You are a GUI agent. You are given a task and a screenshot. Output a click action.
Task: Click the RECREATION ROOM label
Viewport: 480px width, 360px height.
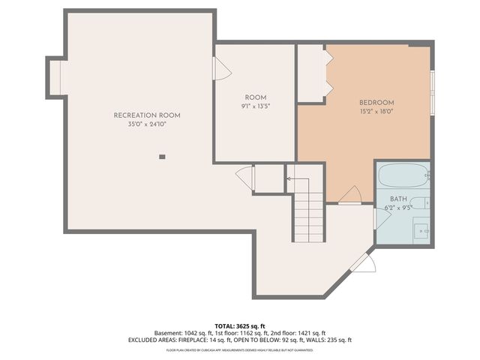pos(147,115)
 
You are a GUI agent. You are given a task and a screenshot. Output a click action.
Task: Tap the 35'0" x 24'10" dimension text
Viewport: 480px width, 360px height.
pos(147,124)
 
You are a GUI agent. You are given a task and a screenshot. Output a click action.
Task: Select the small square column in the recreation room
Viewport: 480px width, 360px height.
pos(161,157)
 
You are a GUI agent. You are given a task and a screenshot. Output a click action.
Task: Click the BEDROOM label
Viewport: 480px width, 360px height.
pos(376,103)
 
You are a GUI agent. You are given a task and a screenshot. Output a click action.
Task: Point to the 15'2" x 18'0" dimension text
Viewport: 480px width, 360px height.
pos(376,112)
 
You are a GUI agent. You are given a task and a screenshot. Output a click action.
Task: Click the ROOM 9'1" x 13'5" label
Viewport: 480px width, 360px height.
pos(255,102)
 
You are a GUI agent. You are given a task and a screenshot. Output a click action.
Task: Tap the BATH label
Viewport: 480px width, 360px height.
pos(398,199)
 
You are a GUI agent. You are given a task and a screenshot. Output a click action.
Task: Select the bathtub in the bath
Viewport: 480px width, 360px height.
pos(403,177)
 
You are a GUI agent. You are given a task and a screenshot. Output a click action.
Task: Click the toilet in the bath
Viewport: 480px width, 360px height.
pos(421,202)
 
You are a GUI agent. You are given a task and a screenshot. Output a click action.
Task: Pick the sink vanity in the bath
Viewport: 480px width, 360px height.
pos(422,229)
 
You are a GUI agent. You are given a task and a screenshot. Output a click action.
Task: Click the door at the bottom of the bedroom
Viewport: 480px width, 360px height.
pos(349,196)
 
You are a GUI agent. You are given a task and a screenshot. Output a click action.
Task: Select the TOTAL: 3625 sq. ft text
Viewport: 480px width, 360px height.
pos(239,326)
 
